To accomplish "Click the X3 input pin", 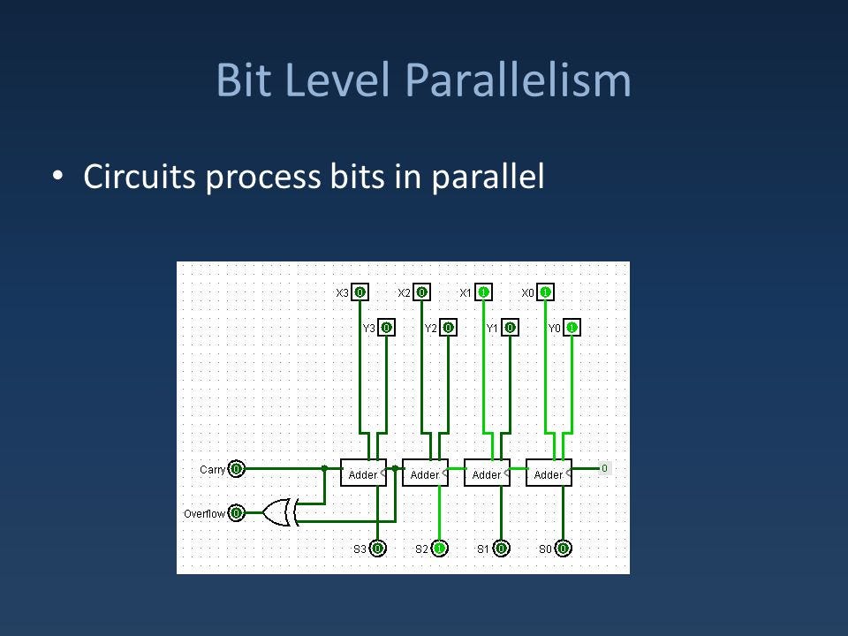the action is (360, 292).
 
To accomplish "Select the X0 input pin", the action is (545, 292).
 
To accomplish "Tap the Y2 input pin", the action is (449, 327).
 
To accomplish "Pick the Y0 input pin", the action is (572, 327).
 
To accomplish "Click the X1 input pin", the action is (483, 292).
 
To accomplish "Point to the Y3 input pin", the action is (387, 327).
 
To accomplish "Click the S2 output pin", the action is (439, 549).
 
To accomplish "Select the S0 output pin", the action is (563, 549).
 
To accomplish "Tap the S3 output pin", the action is (377, 549).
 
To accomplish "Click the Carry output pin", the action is (237, 468).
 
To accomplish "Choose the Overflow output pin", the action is (237, 512).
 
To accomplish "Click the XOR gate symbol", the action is (280, 512).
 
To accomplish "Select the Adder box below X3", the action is (363, 473).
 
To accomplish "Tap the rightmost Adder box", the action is (549, 473).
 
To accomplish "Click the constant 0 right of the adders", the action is (604, 468).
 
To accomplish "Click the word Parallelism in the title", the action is (519, 80).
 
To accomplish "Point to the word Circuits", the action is (139, 177).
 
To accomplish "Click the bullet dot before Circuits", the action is (58, 176).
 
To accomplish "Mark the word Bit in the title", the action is (244, 80).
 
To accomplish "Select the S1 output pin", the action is (502, 549).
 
